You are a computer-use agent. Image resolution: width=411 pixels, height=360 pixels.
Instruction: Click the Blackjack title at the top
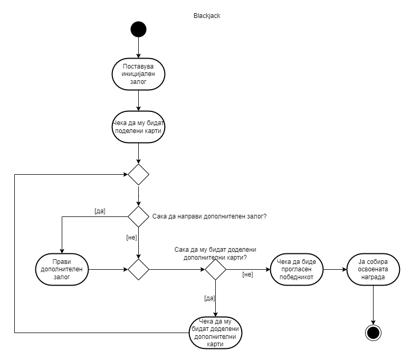(206, 16)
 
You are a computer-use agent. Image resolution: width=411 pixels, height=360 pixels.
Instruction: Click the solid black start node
(138, 29)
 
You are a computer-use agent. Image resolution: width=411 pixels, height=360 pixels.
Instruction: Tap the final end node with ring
(373, 333)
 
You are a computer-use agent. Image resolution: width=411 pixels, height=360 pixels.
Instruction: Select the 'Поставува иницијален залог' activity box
(138, 74)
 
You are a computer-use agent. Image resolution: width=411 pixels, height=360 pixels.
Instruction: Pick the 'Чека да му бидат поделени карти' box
(138, 127)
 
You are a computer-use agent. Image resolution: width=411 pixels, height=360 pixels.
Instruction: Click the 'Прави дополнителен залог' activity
(62, 269)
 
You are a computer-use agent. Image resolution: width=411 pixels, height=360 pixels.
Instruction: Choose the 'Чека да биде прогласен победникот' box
(297, 269)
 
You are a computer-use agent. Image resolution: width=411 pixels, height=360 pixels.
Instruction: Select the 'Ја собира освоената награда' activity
(373, 269)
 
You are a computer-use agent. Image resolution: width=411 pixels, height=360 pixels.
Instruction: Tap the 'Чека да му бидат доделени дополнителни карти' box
(216, 333)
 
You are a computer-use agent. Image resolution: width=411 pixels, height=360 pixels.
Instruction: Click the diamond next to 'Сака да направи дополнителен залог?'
(139, 216)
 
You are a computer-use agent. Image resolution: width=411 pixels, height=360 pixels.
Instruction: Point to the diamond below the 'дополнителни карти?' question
(216, 269)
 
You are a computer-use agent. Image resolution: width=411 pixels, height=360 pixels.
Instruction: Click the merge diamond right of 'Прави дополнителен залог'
(139, 269)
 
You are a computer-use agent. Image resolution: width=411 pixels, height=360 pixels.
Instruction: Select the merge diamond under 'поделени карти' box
(139, 174)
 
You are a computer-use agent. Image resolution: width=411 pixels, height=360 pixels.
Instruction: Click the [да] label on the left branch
(100, 211)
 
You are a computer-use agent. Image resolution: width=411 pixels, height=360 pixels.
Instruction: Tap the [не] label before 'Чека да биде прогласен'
(247, 274)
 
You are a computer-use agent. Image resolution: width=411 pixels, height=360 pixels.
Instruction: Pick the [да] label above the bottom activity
(209, 298)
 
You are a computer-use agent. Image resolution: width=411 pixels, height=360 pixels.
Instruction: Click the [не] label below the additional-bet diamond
(131, 238)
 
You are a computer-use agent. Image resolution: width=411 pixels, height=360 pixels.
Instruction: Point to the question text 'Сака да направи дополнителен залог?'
(209, 216)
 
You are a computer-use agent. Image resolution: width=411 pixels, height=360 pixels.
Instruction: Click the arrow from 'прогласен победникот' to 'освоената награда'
(334, 269)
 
